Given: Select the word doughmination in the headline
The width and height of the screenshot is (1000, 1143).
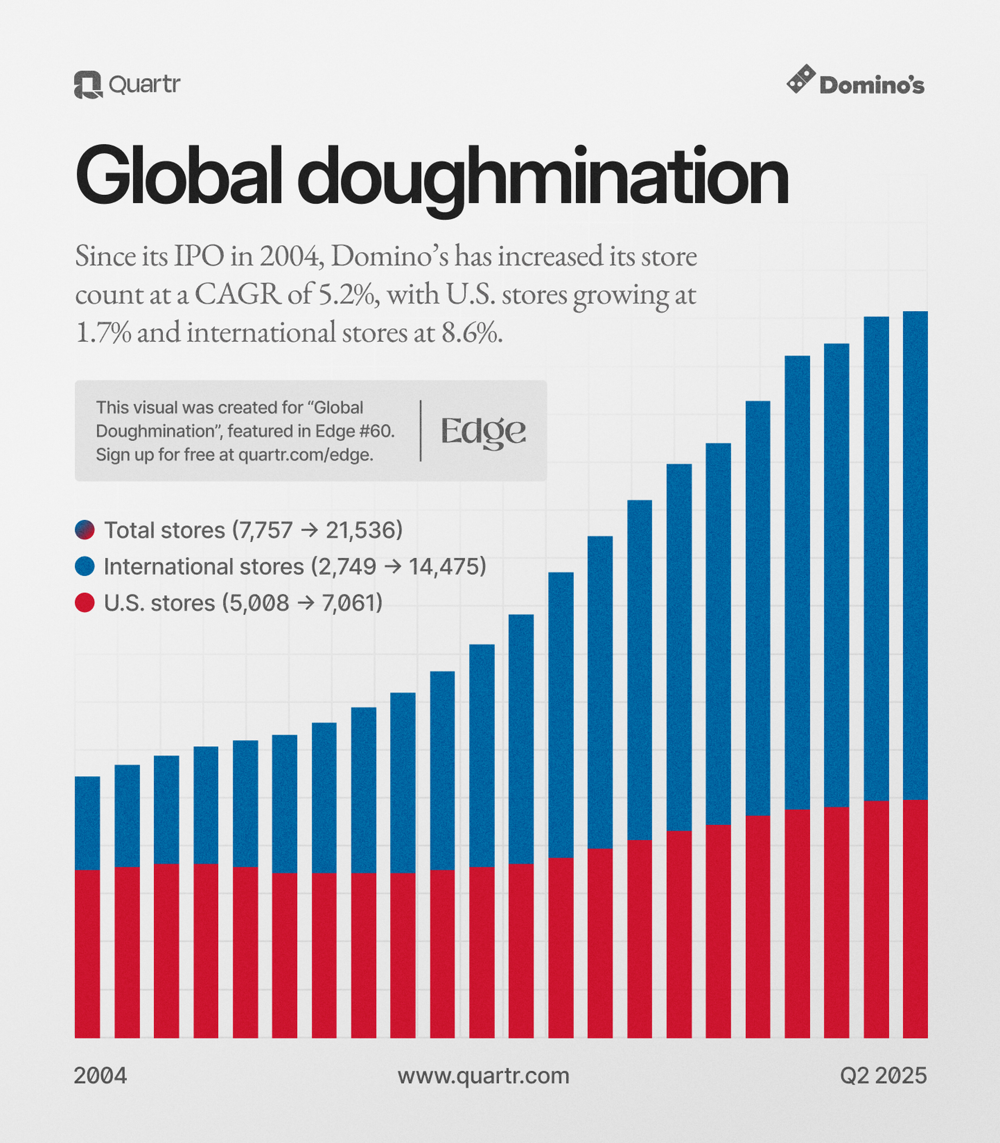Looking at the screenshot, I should tap(542, 179).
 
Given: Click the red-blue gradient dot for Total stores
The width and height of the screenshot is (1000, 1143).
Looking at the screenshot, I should tap(85, 530).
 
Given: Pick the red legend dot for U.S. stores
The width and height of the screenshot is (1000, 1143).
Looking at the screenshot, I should tap(85, 603).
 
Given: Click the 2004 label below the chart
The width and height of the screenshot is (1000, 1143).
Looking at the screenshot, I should tap(101, 1076).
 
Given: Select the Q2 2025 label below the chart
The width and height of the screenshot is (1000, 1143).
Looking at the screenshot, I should tap(883, 1076).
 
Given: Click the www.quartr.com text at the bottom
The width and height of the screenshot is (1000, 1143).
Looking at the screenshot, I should tap(483, 1076).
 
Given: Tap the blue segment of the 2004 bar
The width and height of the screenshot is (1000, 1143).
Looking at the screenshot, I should tap(87, 823).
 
